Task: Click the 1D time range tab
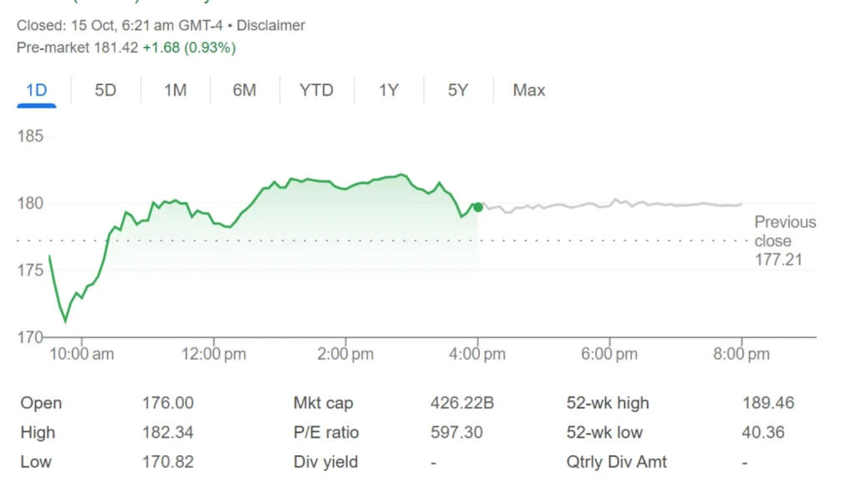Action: (36, 90)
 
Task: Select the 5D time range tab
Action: (105, 90)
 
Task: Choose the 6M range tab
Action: (244, 90)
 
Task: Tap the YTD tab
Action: (316, 90)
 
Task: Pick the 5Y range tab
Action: (457, 90)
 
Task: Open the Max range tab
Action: (529, 90)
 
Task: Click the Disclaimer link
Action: (271, 26)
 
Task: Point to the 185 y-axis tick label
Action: (30, 136)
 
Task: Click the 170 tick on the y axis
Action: (30, 337)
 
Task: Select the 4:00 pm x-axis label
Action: (477, 355)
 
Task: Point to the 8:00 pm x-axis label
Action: (741, 355)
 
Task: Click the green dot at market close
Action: (477, 207)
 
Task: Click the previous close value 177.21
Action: (778, 259)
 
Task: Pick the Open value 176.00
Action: (167, 403)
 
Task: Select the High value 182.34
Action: (167, 433)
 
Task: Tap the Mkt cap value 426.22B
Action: (461, 403)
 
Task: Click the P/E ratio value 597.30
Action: (456, 433)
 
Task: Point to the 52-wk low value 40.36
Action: (763, 433)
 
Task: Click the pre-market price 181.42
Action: (118, 48)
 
